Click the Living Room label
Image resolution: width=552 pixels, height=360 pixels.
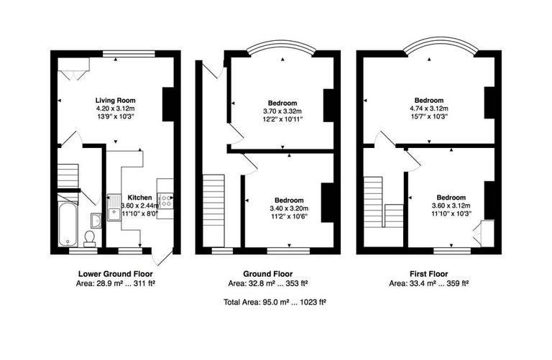[x=115, y=100]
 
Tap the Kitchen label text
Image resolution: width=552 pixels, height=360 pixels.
[x=139, y=197]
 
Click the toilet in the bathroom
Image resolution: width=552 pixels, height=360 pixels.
[x=90, y=237]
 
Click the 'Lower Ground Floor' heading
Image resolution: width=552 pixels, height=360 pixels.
[x=115, y=274]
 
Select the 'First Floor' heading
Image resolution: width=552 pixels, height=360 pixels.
[x=429, y=274]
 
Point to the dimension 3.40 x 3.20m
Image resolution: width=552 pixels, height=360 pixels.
[x=287, y=208]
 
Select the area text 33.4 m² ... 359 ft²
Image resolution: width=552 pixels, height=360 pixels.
[x=429, y=284]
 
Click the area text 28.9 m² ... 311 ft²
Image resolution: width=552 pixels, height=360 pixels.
[x=115, y=284]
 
